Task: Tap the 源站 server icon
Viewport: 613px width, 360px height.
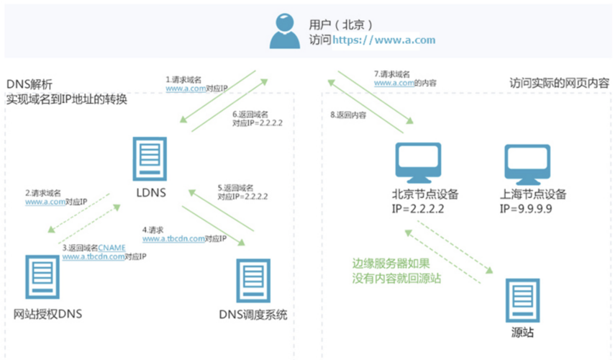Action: tap(519, 301)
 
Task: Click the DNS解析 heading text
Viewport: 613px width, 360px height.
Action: tap(29, 84)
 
